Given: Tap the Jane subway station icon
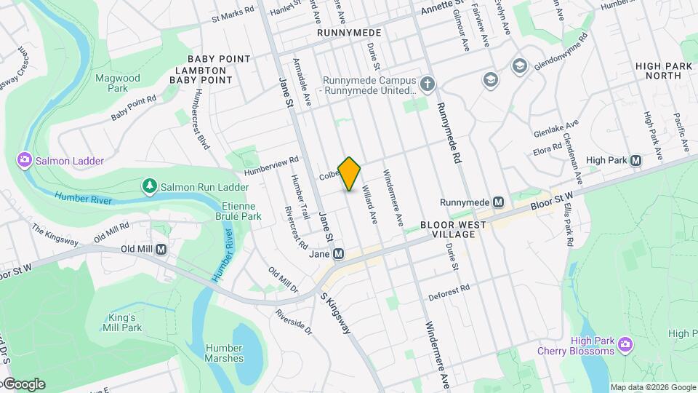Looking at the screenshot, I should tap(338, 254).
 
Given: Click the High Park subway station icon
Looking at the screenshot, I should tap(636, 160).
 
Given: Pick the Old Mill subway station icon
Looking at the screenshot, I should tap(161, 249).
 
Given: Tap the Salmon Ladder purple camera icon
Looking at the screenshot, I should tap(24, 160).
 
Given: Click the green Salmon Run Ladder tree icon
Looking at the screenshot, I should tap(150, 186).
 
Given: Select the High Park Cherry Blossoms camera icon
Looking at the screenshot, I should tap(624, 343).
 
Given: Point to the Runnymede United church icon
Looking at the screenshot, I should tap(428, 84).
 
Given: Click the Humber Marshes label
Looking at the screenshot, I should tap(224, 353).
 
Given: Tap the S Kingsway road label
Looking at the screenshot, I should tap(337, 314).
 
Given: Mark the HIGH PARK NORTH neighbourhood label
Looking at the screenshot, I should tap(663, 71).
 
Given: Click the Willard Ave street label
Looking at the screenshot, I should tap(370, 207).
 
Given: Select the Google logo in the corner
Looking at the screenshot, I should tap(23, 384).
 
